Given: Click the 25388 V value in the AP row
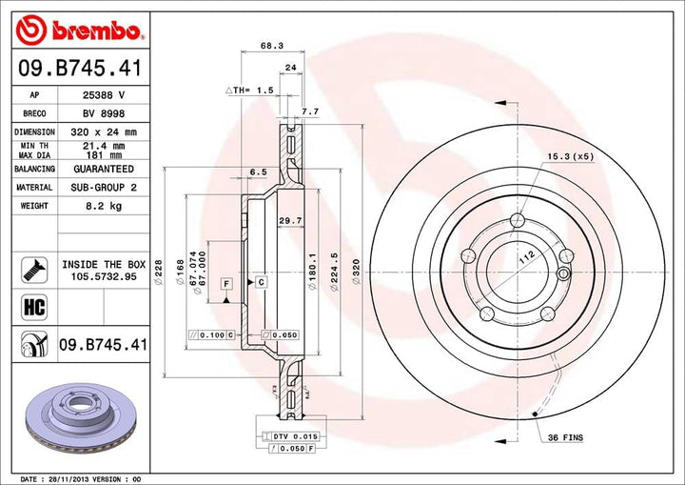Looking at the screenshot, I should click(104, 95).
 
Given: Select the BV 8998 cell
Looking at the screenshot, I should click(104, 113).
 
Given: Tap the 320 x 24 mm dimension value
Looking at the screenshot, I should click(104, 131).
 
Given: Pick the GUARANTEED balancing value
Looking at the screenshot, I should click(104, 168).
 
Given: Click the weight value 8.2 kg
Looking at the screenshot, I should click(104, 205).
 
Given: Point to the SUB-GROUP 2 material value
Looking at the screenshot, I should click(104, 188).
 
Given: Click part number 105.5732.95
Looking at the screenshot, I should click(104, 277).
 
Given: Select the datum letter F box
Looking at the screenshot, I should click(227, 283).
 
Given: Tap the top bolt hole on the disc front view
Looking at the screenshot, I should click(517, 221).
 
